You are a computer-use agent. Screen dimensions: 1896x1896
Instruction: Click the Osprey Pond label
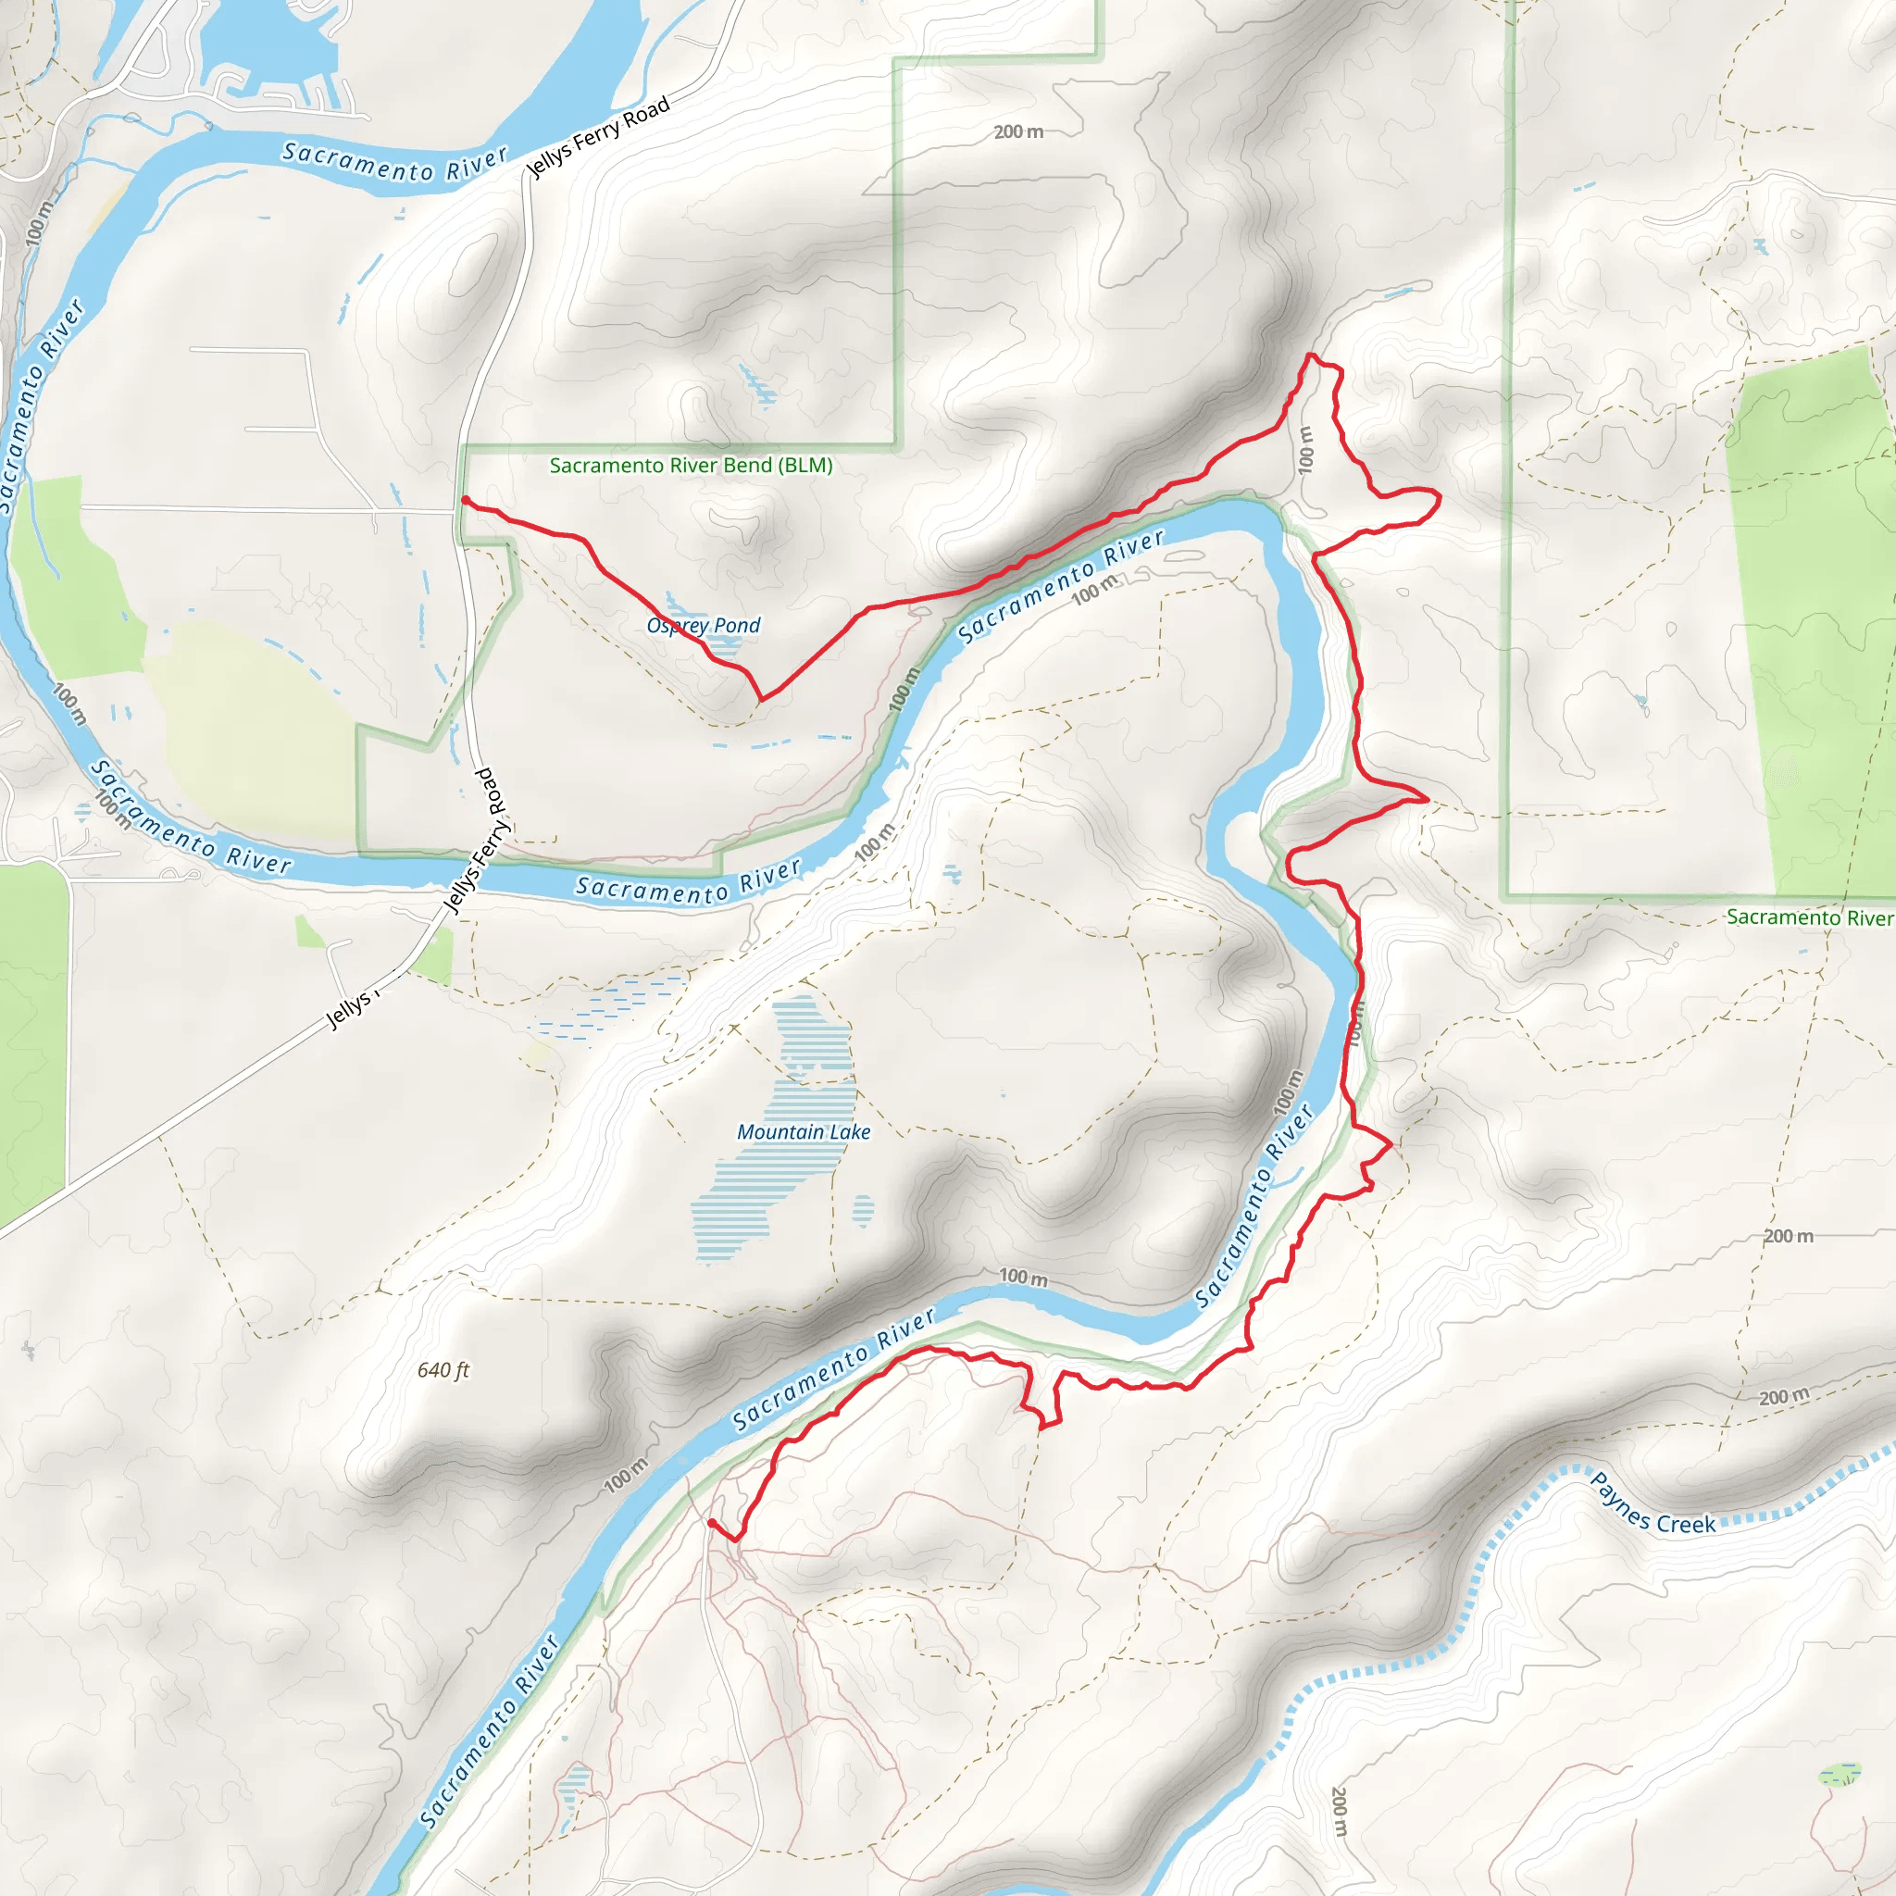[x=703, y=625]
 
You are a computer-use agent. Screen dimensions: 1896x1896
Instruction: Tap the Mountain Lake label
[x=804, y=1131]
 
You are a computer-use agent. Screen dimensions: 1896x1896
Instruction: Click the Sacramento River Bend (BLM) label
[x=691, y=465]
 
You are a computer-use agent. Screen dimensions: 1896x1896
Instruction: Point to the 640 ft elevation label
[x=443, y=1370]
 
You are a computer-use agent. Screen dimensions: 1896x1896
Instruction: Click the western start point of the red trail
[x=464, y=501]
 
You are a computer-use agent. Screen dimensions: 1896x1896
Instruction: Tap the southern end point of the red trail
[x=710, y=1522]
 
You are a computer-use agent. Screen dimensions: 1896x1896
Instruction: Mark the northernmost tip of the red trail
[x=1310, y=355]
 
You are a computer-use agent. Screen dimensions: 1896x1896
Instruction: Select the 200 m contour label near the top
[x=1017, y=131]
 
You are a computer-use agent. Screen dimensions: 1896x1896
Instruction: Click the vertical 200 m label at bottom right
[x=1340, y=1812]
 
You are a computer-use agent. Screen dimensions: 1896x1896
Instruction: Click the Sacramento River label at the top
[x=394, y=163]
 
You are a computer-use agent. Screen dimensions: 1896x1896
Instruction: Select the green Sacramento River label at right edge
[x=1809, y=917]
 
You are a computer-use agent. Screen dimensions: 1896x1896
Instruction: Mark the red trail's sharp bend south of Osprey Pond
[x=762, y=699]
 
